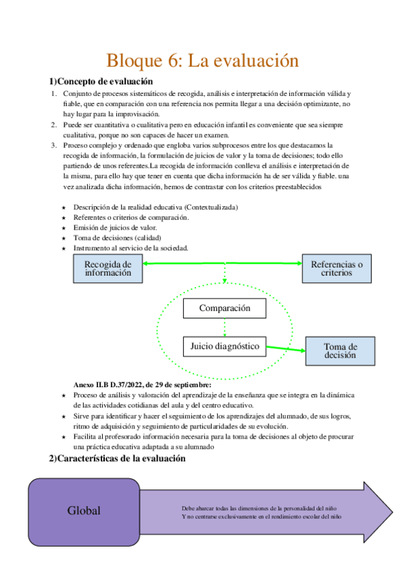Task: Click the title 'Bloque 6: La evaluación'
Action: pos(202,60)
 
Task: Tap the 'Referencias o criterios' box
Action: pos(336,269)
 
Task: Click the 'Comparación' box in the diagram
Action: pos(224,309)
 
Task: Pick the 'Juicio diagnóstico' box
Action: pos(224,346)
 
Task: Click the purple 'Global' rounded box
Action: pos(83,511)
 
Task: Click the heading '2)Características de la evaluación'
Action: pos(116,459)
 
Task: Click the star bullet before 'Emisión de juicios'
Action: pos(64,228)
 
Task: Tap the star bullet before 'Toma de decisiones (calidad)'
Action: pos(64,238)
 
